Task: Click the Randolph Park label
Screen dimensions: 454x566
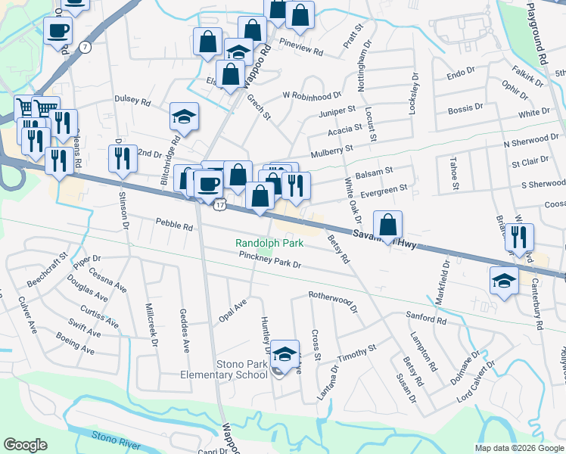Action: click(269, 243)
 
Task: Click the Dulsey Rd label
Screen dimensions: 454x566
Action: click(132, 100)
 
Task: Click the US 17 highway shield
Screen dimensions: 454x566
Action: click(219, 205)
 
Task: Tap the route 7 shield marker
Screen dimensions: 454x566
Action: click(86, 47)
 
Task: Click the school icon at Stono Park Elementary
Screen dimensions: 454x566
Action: click(285, 353)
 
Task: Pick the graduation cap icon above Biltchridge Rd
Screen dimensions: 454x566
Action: click(184, 117)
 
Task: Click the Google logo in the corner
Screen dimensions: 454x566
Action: click(25, 445)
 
